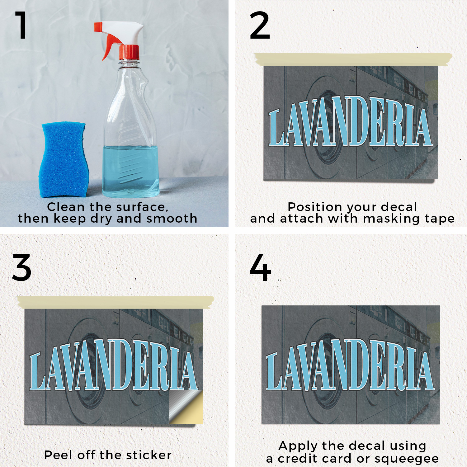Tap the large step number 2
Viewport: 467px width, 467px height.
click(260, 25)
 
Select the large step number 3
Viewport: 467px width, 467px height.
click(22, 267)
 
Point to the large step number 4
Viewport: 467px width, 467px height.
click(260, 267)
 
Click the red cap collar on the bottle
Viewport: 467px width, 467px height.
click(129, 52)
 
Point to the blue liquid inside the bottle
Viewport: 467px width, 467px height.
click(131, 171)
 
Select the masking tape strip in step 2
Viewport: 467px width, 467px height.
click(353, 59)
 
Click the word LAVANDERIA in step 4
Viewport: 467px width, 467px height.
click(350, 365)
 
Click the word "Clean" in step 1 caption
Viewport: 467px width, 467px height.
click(66, 207)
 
